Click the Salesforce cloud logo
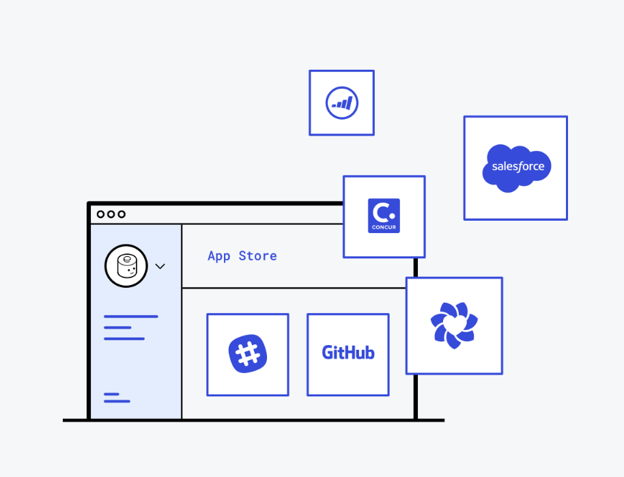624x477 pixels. (516, 168)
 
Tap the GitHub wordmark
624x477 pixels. (348, 353)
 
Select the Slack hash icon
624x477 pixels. (247, 355)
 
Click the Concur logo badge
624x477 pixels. (384, 216)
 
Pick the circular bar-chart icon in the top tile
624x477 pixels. (341, 103)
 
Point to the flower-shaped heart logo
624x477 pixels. (454, 325)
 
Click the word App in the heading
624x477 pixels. (218, 256)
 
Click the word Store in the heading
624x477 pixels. (257, 256)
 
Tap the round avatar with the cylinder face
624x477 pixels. (126, 265)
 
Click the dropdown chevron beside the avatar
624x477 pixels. (160, 266)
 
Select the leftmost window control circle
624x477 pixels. (100, 214)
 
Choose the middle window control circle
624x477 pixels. (111, 214)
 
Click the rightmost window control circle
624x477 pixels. (122, 214)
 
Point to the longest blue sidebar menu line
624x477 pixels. (130, 316)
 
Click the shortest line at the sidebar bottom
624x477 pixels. (111, 394)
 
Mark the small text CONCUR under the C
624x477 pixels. (384, 227)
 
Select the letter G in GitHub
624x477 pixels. (328, 353)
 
